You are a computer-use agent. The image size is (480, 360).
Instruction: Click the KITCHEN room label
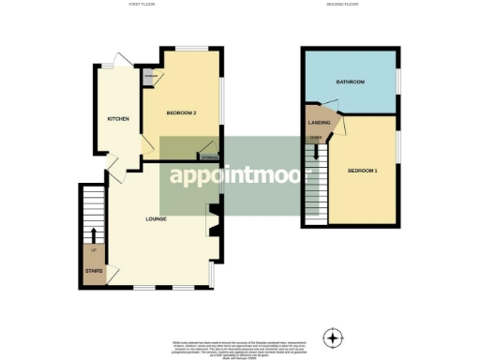point(117,118)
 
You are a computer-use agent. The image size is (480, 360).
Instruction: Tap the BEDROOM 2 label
point(181,112)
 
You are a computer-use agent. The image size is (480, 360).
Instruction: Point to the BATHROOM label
point(351,82)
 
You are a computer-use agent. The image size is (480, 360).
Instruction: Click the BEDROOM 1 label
point(363,171)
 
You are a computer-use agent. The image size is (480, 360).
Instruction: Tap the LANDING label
point(319,122)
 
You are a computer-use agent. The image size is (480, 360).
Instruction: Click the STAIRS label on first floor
point(94,271)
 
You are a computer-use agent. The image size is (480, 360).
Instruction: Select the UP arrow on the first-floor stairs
point(94,234)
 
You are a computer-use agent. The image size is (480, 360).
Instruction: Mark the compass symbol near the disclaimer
point(332,337)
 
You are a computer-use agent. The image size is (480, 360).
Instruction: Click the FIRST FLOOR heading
point(142,5)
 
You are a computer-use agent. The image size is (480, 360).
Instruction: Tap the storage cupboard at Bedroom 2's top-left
point(148,77)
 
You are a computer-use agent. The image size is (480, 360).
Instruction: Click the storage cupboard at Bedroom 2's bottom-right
point(209,155)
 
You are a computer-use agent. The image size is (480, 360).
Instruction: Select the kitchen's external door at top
point(116,62)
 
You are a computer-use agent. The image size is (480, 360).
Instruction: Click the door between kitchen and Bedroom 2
point(146,142)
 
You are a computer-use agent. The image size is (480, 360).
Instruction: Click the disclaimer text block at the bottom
point(239,346)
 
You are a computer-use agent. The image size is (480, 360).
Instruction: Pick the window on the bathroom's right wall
point(397,82)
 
